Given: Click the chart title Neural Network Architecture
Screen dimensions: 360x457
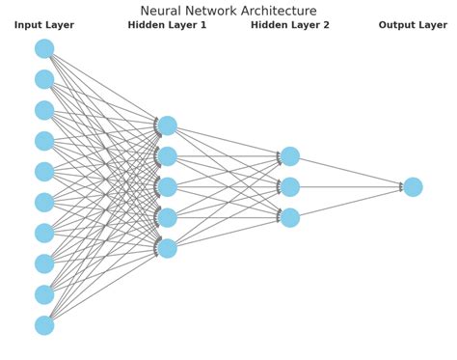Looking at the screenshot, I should coord(228,11).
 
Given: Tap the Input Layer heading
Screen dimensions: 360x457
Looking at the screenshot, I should coord(44,26).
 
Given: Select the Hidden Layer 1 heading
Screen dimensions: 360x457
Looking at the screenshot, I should coord(167,26).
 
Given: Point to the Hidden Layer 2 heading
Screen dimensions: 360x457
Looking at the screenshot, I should coord(290,26).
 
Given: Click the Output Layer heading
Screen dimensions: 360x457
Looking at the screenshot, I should coord(413,26).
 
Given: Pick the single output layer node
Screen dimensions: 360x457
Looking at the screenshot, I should coord(413,187).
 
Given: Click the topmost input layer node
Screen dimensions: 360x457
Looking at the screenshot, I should coord(44,48).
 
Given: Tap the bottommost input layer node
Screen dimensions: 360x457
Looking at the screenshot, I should coord(44,325).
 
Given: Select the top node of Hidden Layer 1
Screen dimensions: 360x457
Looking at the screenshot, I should coord(167,125).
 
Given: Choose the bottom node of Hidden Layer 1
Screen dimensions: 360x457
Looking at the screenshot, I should coord(167,248).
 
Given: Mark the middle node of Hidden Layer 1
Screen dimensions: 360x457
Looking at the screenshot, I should coord(167,187).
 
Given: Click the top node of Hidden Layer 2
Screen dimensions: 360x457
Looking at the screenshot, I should coord(290,156).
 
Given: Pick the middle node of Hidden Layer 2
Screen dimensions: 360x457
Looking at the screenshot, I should coord(290,187).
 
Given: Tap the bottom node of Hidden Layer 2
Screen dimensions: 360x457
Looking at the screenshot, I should coord(290,218).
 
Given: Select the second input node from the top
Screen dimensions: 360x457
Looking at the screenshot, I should coord(44,79).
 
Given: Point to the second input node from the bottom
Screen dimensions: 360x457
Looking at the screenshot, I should coord(44,294).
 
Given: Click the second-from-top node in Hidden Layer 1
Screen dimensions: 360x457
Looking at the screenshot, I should coord(167,156).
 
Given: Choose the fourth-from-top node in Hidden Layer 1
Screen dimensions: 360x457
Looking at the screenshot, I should coord(167,218).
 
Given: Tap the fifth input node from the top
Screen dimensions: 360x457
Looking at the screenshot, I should coord(44,172).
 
